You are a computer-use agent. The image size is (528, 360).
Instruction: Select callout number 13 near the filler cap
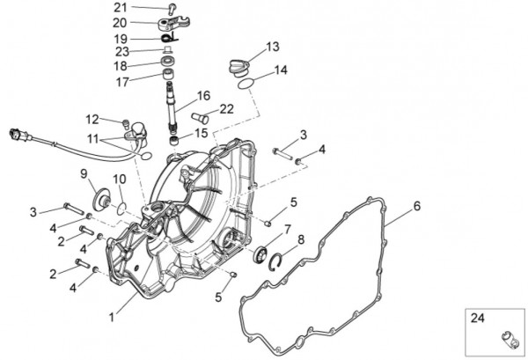pos(272,46)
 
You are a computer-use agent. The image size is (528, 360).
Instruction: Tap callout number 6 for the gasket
pos(417,206)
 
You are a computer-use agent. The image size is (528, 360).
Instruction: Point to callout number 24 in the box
pos(477,318)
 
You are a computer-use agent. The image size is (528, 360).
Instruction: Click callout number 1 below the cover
pos(111,314)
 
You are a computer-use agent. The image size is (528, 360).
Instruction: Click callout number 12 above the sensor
pos(92,119)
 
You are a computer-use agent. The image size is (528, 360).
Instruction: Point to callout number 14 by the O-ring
pos(281,70)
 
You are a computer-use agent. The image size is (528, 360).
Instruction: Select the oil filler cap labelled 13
pos(238,63)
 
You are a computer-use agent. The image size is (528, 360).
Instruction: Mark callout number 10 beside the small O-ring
pos(120,180)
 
